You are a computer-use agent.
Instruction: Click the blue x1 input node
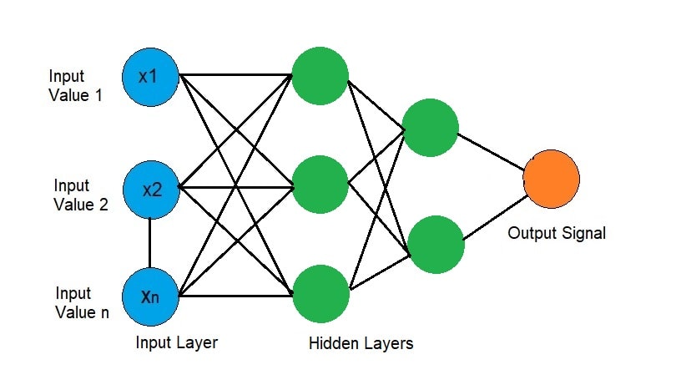click(x=150, y=76)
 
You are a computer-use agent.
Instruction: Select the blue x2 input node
click(x=150, y=189)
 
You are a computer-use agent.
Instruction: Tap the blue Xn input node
click(x=150, y=296)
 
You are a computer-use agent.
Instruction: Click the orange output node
click(x=551, y=180)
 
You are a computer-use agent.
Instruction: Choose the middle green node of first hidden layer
click(x=320, y=184)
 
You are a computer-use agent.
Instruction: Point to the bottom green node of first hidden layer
click(x=321, y=293)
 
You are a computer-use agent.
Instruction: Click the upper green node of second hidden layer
click(x=430, y=128)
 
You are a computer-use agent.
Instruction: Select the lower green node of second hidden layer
click(x=436, y=243)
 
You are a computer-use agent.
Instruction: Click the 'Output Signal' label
click(x=557, y=233)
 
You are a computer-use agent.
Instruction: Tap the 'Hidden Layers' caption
click(x=361, y=343)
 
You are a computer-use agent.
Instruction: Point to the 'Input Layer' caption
click(x=177, y=342)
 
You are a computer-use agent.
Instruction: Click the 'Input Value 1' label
click(x=76, y=85)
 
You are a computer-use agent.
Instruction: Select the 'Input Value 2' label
click(x=80, y=195)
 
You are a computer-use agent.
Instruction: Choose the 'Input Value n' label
click(x=82, y=303)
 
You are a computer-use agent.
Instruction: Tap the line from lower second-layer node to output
click(x=494, y=218)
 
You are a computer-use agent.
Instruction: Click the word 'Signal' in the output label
click(x=583, y=233)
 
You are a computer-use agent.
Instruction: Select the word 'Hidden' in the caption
click(x=332, y=343)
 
